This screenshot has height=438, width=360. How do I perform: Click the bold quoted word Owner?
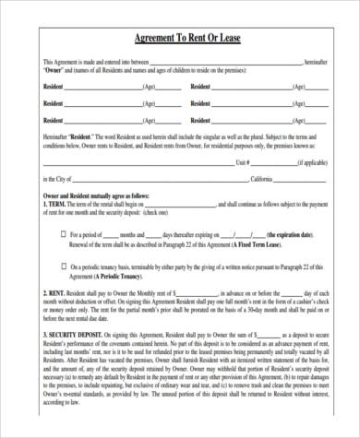[54, 70]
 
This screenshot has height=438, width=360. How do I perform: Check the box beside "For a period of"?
[64, 235]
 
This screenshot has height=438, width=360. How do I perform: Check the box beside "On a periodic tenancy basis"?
[64, 266]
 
